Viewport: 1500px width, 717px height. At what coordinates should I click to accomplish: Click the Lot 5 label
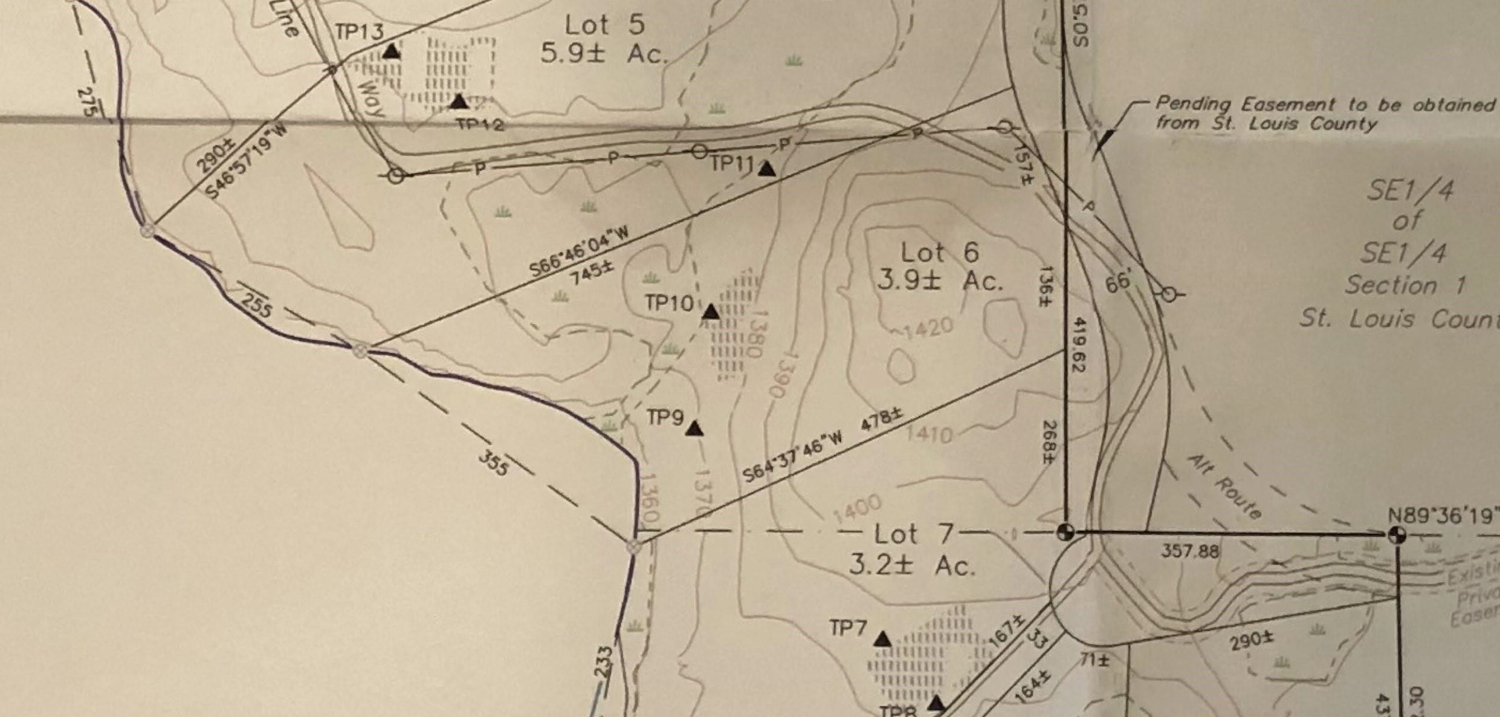click(604, 25)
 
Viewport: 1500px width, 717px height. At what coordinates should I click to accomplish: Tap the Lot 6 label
click(940, 253)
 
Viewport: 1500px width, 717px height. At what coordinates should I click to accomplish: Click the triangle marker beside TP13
click(392, 52)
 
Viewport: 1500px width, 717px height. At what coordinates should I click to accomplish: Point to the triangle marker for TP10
click(711, 313)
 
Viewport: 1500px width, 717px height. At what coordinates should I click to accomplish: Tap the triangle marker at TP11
click(767, 169)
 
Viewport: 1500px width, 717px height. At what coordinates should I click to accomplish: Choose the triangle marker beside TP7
click(883, 639)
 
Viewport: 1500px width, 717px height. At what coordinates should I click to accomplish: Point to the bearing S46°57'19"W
click(246, 162)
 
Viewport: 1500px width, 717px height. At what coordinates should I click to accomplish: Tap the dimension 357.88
click(1189, 551)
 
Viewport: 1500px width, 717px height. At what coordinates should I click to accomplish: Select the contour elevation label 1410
click(929, 433)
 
